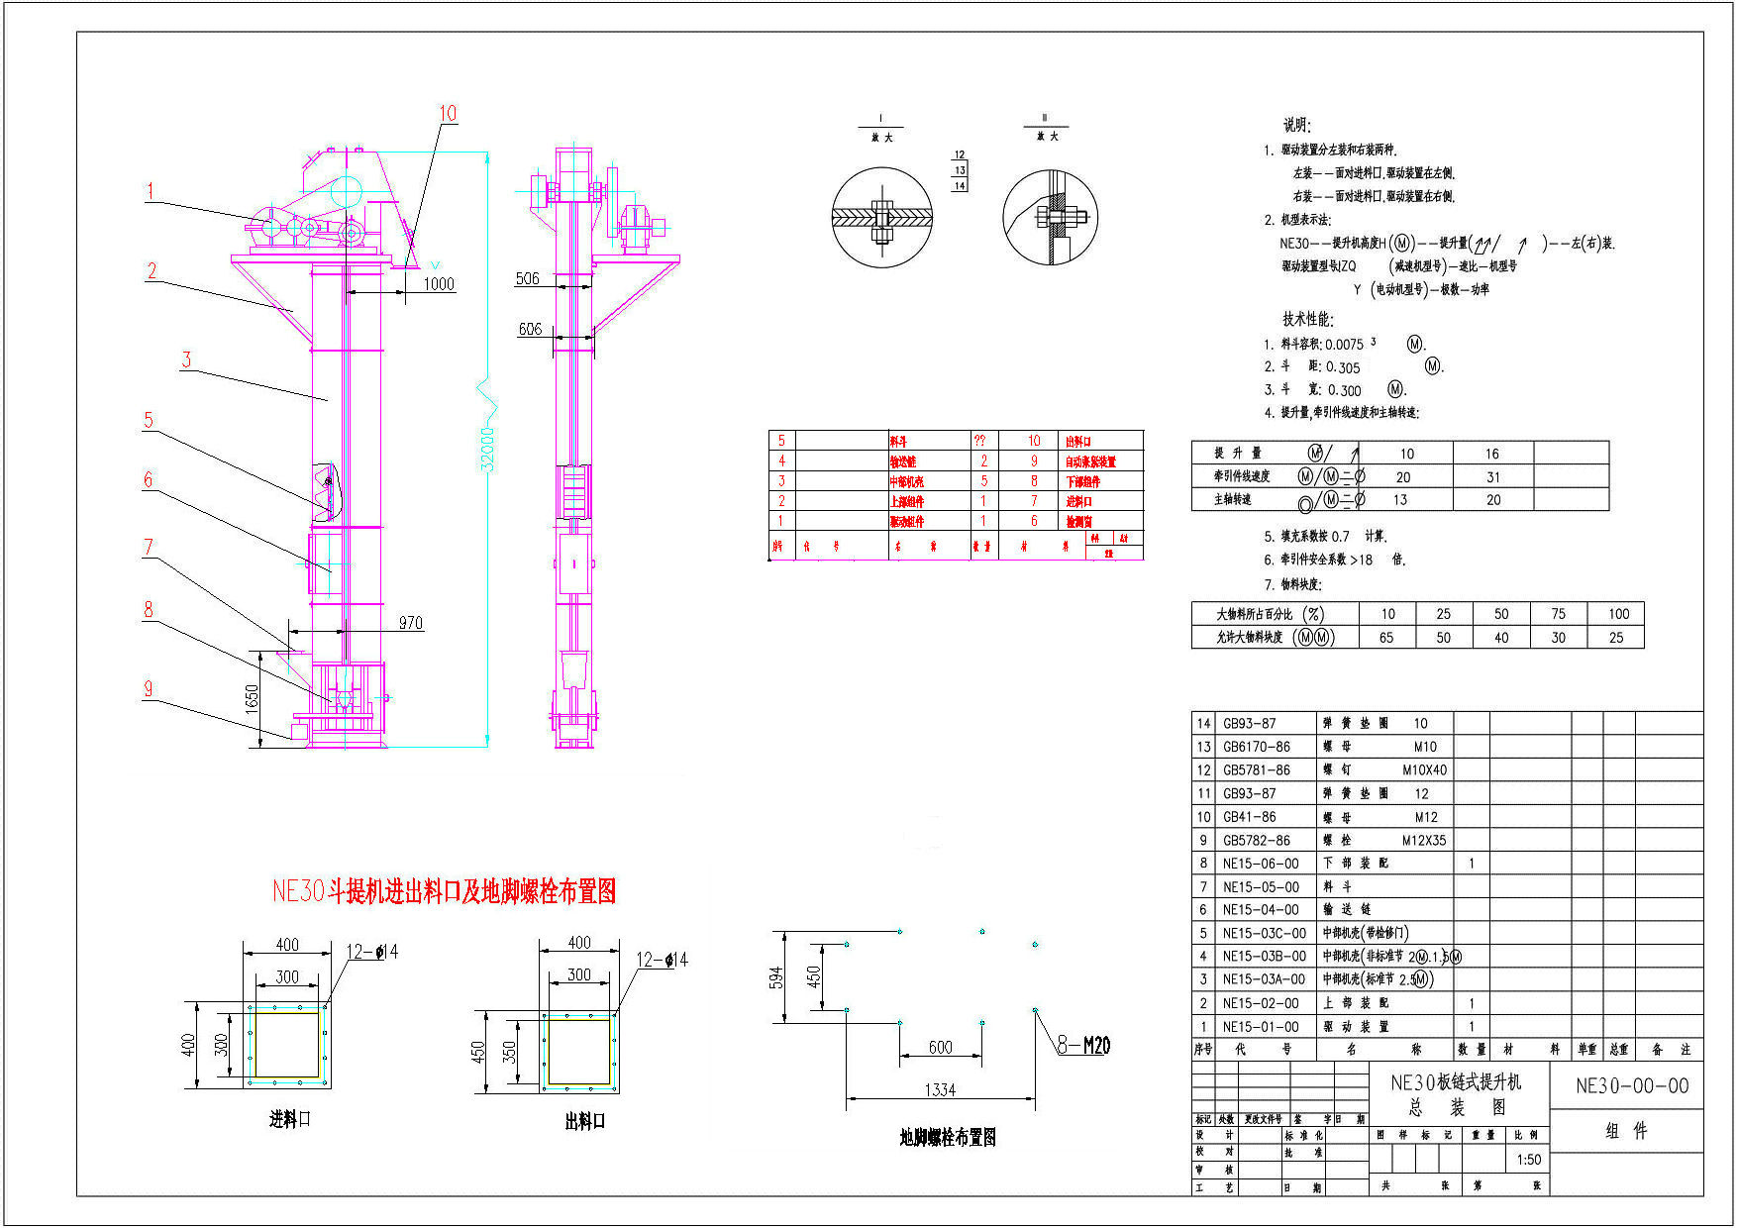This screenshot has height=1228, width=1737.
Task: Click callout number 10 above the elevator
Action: pyautogui.click(x=448, y=113)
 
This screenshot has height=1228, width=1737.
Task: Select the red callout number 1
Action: pyautogui.click(x=151, y=191)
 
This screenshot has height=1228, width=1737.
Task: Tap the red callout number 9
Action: pyautogui.click(x=149, y=688)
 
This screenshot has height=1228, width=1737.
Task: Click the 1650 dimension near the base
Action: pyautogui.click(x=253, y=698)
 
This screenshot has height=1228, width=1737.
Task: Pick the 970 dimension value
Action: pyautogui.click(x=410, y=623)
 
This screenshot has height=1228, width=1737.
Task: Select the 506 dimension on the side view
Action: pyautogui.click(x=528, y=278)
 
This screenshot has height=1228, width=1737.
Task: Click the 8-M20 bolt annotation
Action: pyautogui.click(x=1083, y=1045)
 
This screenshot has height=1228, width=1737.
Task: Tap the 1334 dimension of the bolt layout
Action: pyautogui.click(x=940, y=1089)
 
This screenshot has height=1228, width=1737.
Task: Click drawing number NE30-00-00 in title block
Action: pyautogui.click(x=1632, y=1085)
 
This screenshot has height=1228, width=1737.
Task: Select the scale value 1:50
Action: pyautogui.click(x=1529, y=1160)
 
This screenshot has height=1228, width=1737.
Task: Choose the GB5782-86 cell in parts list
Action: pyautogui.click(x=1256, y=840)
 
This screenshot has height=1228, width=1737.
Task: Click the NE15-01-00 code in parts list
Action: pyautogui.click(x=1260, y=1027)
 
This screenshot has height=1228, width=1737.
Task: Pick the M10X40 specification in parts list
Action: pyautogui.click(x=1424, y=769)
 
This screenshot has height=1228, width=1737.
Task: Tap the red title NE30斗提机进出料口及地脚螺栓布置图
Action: pyautogui.click(x=444, y=891)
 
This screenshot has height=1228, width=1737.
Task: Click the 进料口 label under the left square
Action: pyautogui.click(x=290, y=1119)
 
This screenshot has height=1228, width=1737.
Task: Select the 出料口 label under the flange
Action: pyautogui.click(x=584, y=1121)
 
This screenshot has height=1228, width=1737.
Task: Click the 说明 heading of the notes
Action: pyautogui.click(x=1296, y=125)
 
